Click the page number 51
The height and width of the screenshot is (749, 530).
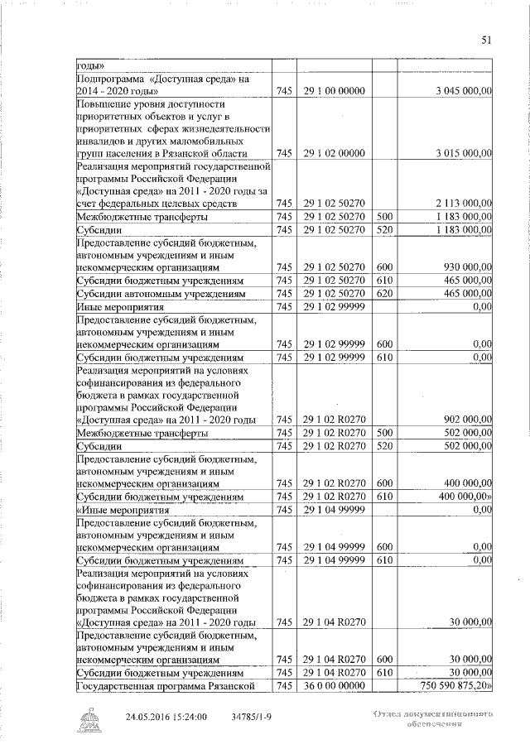coord(486,39)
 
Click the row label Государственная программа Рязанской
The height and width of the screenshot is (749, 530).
coord(162,687)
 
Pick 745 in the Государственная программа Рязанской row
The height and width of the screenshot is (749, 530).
coord(284,687)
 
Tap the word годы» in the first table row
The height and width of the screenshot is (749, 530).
coord(89,65)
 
